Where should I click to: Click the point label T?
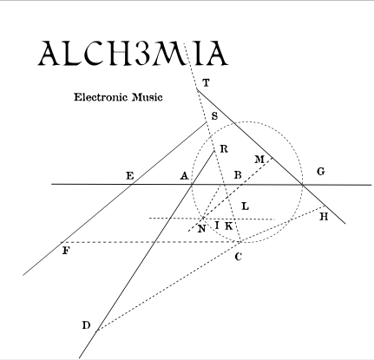pyautogui.click(x=206, y=83)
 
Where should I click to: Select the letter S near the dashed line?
pyautogui.click(x=214, y=116)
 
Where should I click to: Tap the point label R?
pyautogui.click(x=224, y=149)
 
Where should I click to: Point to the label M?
pyautogui.click(x=259, y=160)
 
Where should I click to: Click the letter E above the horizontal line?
pyautogui.click(x=130, y=176)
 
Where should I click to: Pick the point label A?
pyautogui.click(x=184, y=175)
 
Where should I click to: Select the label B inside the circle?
pyautogui.click(x=238, y=175)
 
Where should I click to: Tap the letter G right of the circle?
pyautogui.click(x=321, y=172)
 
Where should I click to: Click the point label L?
pyautogui.click(x=245, y=206)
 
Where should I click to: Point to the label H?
pyautogui.click(x=324, y=217)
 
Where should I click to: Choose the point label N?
pyautogui.click(x=201, y=229)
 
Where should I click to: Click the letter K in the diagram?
pyautogui.click(x=228, y=226)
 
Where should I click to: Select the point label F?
pyautogui.click(x=66, y=251)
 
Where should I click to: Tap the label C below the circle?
pyautogui.click(x=238, y=257)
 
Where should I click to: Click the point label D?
pyautogui.click(x=86, y=325)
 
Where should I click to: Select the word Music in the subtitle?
pyautogui.click(x=148, y=97)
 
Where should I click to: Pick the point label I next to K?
pyautogui.click(x=217, y=226)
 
